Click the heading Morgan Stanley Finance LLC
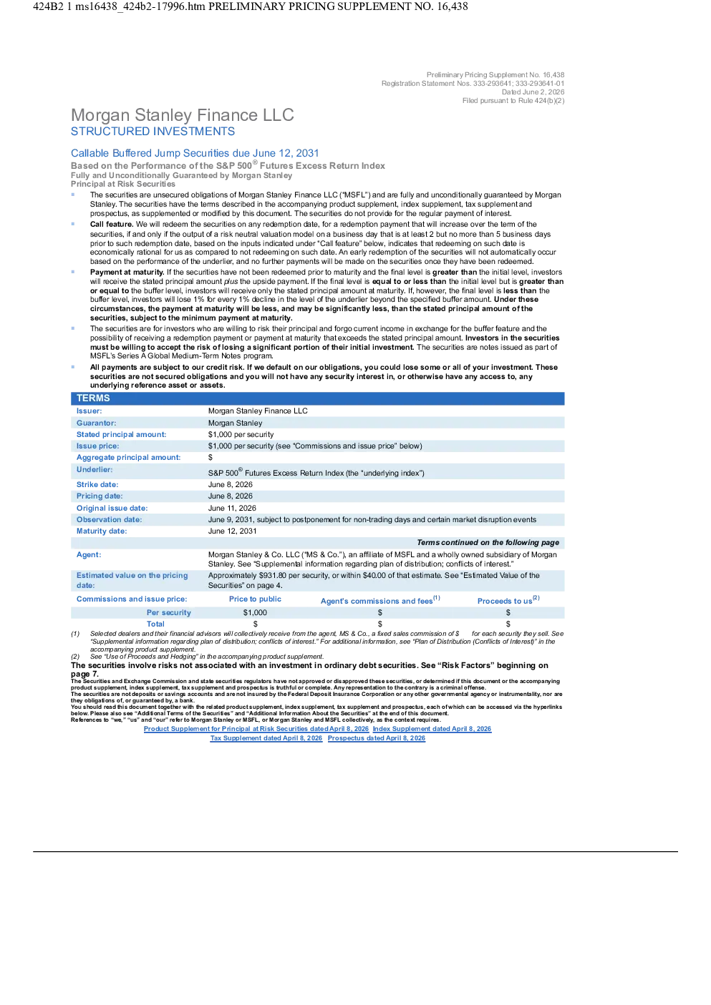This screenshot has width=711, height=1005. click(x=182, y=115)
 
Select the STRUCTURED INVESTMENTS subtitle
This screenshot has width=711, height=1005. click(x=153, y=132)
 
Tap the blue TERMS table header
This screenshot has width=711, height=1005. click(x=317, y=398)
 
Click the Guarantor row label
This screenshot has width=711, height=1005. click(x=96, y=423)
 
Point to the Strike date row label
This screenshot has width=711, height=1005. click(x=97, y=484)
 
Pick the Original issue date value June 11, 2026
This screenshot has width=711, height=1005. click(x=232, y=509)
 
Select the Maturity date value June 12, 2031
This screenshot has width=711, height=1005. click(x=232, y=531)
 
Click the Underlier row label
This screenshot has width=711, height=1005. click(x=95, y=470)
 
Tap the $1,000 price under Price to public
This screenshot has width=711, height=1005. click(x=255, y=613)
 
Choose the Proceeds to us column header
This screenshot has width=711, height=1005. click(x=508, y=600)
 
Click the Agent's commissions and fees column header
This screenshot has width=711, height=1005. click(x=380, y=600)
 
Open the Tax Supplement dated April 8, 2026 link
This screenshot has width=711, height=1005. click(x=266, y=738)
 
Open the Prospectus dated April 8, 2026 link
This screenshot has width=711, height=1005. click(x=377, y=738)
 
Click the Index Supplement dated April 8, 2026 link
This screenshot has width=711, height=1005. click(x=432, y=729)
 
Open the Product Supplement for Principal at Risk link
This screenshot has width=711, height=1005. click(x=256, y=729)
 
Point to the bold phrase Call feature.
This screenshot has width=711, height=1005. click(x=112, y=225)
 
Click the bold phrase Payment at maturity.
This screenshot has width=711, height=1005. click(x=127, y=273)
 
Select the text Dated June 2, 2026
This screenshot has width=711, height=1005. click(x=533, y=92)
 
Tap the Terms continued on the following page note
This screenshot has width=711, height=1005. click(x=488, y=542)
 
